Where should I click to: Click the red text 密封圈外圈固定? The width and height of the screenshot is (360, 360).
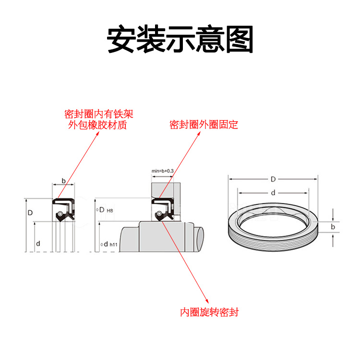click(x=204, y=125)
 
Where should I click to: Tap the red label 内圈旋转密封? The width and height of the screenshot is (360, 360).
click(x=209, y=312)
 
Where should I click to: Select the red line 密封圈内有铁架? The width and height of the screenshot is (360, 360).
click(x=98, y=114)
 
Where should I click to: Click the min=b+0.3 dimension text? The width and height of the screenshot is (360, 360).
click(x=162, y=171)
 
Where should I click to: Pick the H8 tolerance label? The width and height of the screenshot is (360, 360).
click(x=109, y=211)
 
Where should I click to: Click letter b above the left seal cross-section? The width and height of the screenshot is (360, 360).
click(x=63, y=181)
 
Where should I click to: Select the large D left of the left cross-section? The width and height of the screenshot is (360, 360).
click(x=30, y=212)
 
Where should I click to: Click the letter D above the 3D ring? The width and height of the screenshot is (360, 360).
click(x=273, y=180)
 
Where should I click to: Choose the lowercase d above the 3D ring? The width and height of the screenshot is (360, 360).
click(x=273, y=193)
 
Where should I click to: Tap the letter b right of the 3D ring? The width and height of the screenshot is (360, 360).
click(x=333, y=226)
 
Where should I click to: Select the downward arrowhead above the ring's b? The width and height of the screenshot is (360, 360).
click(x=333, y=218)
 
